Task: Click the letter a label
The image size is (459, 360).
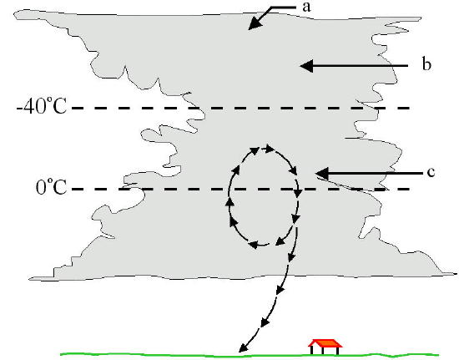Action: (x=306, y=7)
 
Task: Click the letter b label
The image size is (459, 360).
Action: (x=426, y=63)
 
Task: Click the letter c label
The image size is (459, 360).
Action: (x=431, y=173)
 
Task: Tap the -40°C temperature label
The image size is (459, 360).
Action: (x=42, y=106)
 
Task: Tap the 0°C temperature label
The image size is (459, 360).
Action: (x=51, y=186)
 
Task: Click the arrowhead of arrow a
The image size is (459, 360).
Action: (x=254, y=23)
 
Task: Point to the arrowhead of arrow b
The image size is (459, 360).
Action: (x=307, y=66)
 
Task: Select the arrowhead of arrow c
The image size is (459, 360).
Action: (x=322, y=174)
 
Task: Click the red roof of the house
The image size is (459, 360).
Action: (x=325, y=343)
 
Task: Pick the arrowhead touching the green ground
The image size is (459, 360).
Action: (x=243, y=347)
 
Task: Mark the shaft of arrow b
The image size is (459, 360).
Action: (x=361, y=66)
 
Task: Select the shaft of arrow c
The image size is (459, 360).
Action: (x=376, y=174)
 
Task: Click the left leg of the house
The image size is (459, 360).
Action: (x=312, y=350)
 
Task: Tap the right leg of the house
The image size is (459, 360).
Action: (x=338, y=351)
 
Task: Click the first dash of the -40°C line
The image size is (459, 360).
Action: (x=78, y=108)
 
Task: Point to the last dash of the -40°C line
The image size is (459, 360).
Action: (x=403, y=108)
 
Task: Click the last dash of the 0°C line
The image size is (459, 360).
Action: (x=403, y=190)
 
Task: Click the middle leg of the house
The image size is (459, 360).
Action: (x=323, y=351)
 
